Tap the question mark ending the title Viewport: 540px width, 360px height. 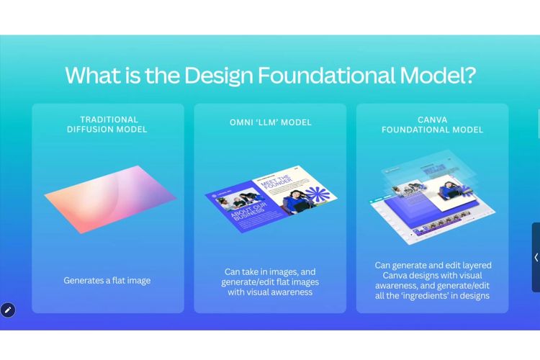pos(469,75)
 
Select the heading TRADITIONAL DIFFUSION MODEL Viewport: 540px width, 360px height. pos(108,125)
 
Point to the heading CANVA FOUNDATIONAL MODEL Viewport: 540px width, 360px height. pos(432,125)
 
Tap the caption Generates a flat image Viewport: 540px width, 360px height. pos(107,280)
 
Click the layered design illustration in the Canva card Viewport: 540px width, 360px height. pos(432,198)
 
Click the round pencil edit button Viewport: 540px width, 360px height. pos(8,310)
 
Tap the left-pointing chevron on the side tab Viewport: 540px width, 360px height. pos(536,257)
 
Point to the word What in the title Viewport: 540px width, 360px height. pos(92,75)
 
